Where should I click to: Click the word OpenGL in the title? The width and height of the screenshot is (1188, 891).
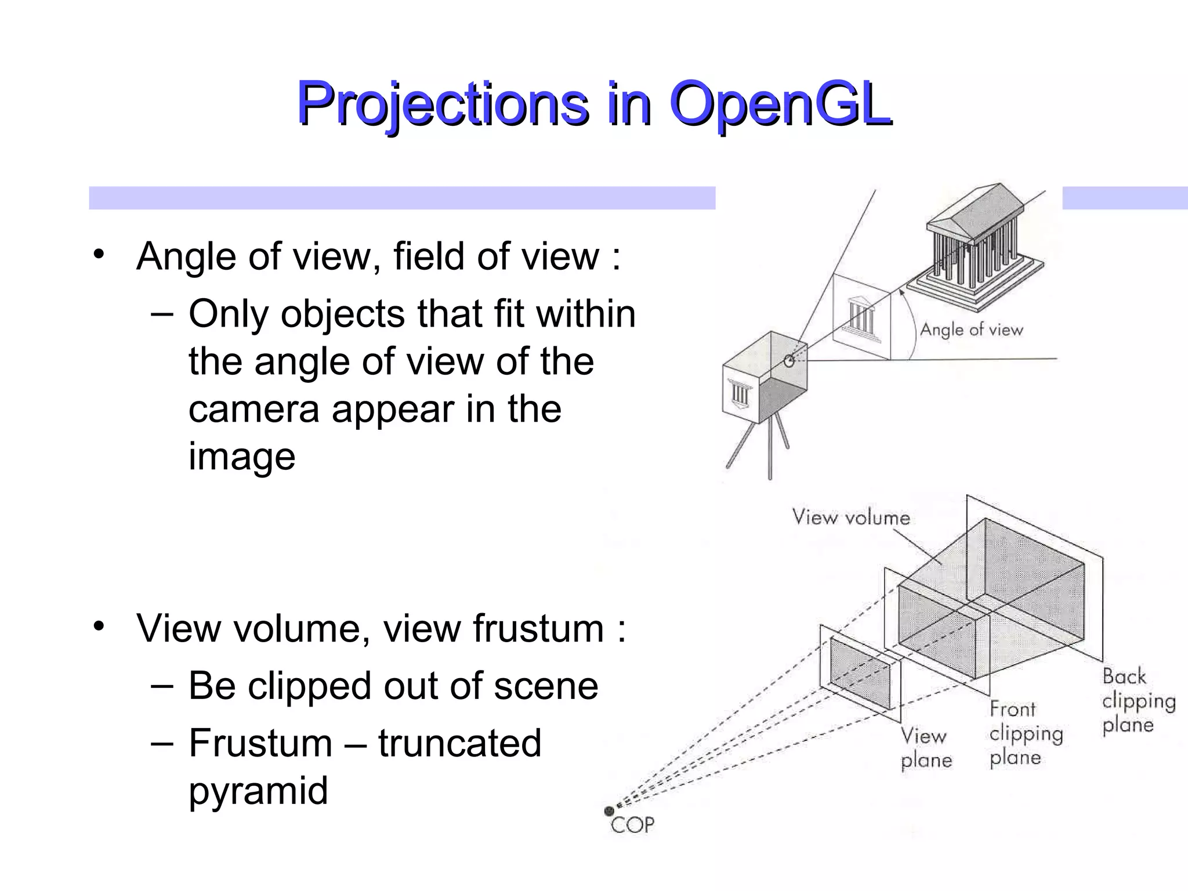(x=780, y=104)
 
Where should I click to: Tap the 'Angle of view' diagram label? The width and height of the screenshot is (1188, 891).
(x=971, y=330)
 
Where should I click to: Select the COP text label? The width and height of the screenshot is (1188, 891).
(x=633, y=825)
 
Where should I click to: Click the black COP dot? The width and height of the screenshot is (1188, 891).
(x=609, y=811)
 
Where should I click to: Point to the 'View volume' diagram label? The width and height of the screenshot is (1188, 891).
(x=851, y=517)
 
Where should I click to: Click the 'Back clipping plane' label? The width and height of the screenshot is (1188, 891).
(x=1138, y=701)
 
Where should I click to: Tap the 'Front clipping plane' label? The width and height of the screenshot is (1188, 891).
(x=1026, y=733)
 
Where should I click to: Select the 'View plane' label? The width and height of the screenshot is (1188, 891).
(x=926, y=748)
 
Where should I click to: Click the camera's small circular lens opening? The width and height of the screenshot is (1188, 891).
(x=789, y=361)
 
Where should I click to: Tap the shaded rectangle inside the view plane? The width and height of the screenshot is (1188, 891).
(x=860, y=673)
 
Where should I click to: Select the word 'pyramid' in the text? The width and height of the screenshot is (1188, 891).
(x=258, y=791)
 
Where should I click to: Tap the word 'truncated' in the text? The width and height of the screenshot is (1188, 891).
(x=459, y=743)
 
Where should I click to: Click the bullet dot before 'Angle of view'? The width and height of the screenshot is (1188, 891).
(x=99, y=254)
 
